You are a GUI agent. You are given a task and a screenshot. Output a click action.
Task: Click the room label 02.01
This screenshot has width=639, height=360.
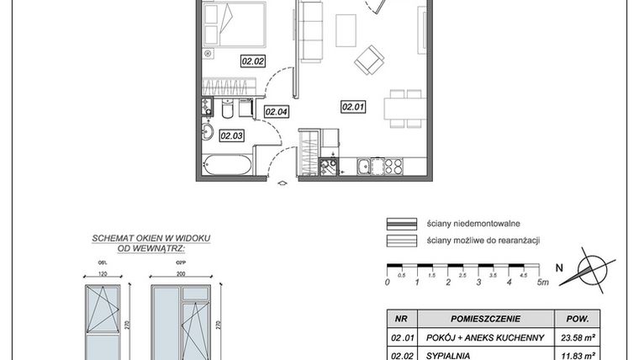click(x=352, y=107)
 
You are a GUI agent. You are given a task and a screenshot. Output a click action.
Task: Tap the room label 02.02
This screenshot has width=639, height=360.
click(x=252, y=61)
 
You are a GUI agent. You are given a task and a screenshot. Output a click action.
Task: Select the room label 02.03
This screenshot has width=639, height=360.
click(x=231, y=135)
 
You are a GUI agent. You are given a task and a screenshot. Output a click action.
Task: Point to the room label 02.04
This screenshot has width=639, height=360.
click(x=277, y=111)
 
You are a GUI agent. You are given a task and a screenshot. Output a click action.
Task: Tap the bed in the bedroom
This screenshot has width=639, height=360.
click(x=235, y=24)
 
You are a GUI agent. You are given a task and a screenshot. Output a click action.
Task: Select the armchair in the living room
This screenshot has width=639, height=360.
click(x=369, y=60)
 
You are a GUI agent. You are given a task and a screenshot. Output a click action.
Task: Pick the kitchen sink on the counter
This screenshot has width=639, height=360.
click(x=367, y=167)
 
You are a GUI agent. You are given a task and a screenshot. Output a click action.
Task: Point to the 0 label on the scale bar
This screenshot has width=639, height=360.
click(x=387, y=283)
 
